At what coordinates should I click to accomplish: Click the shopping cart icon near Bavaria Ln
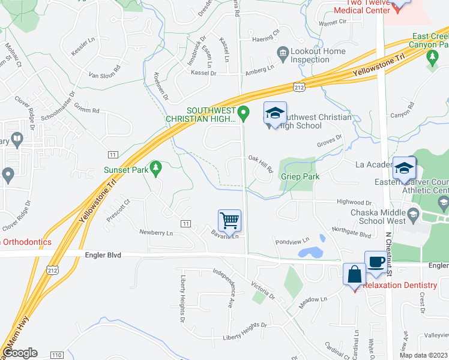coord(229,220)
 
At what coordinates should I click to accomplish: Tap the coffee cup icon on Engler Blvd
coord(376,262)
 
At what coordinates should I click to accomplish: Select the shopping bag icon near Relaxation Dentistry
coord(354,274)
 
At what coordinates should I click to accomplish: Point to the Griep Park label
coord(300,177)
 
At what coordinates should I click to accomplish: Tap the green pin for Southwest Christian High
coord(243,112)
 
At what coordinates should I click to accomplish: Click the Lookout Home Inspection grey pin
coord(282,55)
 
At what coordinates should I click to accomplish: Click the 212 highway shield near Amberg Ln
coord(300,88)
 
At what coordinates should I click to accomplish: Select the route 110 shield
coord(56,355)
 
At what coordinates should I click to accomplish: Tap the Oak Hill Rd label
coord(261,163)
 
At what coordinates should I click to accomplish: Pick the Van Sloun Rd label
coord(104,75)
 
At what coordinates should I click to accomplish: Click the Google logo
coord(20,353)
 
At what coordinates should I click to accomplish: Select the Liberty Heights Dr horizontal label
coord(244,335)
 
